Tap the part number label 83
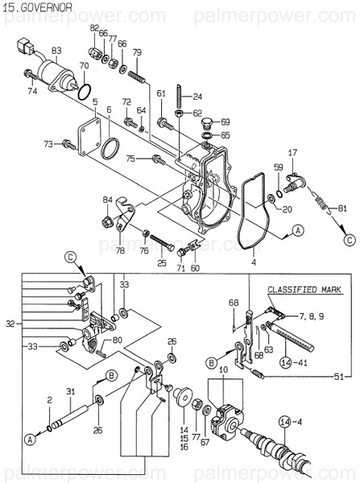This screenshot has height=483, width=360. [56, 51]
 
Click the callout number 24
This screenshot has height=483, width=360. [197, 97]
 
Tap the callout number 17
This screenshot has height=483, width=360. [293, 151]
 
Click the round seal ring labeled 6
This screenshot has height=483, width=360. [110, 148]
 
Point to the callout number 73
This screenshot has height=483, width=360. [48, 143]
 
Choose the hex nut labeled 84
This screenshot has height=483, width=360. [108, 219]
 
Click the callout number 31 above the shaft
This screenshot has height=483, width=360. [70, 392]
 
